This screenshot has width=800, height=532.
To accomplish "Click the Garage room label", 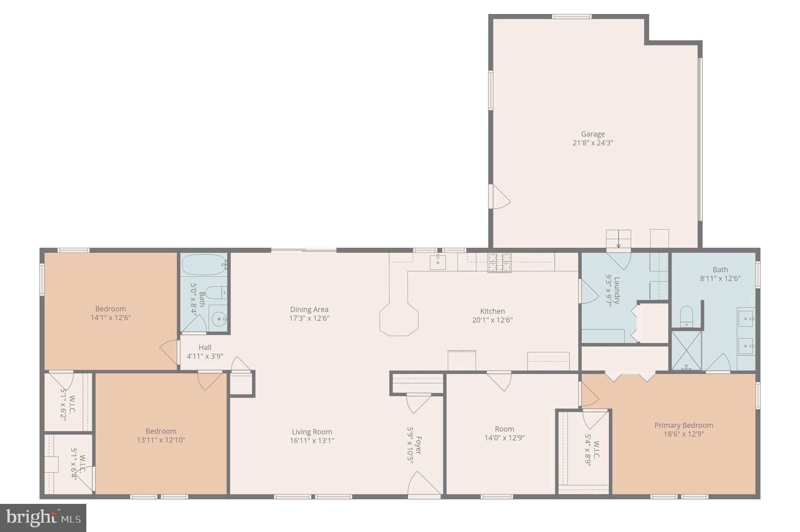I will pyautogui.click(x=593, y=134).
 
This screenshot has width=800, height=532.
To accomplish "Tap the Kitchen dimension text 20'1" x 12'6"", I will pyautogui.click(x=492, y=320).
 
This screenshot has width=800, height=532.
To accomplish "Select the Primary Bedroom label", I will pyautogui.click(x=684, y=425).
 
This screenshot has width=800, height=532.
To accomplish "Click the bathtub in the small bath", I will pyautogui.click(x=204, y=265).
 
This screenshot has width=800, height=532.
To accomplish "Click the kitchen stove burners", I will pyautogui.click(x=499, y=262).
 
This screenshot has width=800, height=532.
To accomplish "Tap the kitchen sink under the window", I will pyautogui.click(x=438, y=262).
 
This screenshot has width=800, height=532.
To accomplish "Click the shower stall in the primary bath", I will pyautogui.click(x=686, y=350).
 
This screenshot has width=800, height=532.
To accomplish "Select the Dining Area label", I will pyautogui.click(x=309, y=310).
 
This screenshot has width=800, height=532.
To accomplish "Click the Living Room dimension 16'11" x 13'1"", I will pyautogui.click(x=312, y=441).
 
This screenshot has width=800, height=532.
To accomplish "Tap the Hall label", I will pyautogui.click(x=205, y=348).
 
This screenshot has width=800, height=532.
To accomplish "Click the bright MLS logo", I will pyautogui.click(x=43, y=518).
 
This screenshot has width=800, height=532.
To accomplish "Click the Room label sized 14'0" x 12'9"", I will pyautogui.click(x=504, y=429).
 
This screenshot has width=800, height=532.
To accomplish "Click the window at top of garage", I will pyautogui.click(x=571, y=16).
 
